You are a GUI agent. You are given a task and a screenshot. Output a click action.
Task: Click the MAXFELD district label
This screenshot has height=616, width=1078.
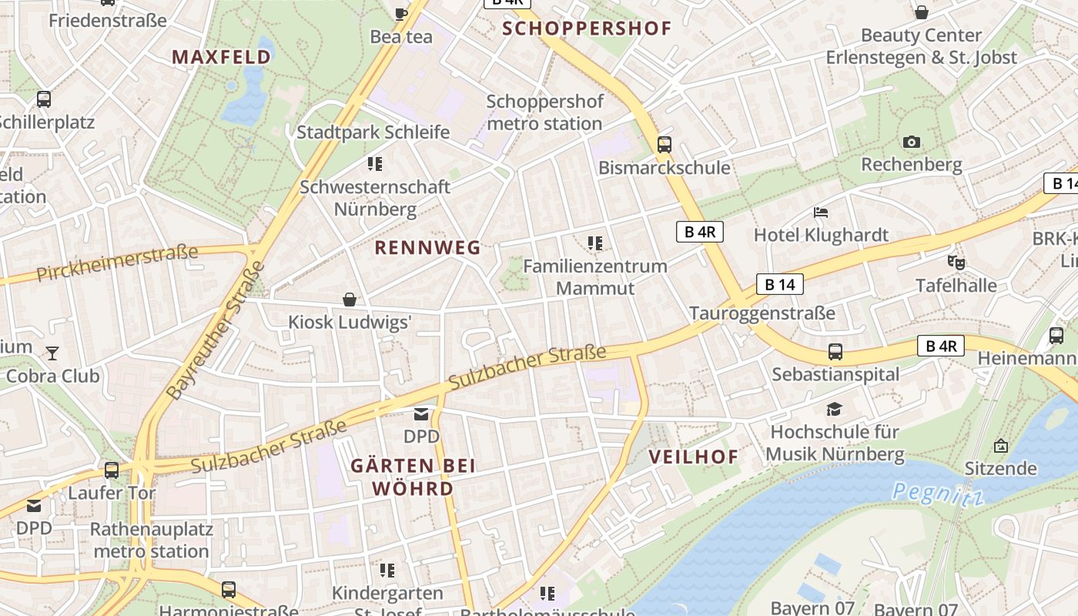tap(221, 56)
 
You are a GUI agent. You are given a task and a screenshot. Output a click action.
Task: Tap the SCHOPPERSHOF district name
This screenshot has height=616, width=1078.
tap(587, 29)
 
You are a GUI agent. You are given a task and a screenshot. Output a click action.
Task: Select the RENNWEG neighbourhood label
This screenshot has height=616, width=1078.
tap(427, 247)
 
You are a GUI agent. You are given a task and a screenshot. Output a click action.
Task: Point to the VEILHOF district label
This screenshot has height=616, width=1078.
tap(693, 456)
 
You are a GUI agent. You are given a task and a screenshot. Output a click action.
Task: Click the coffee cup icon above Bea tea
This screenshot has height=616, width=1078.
tap(400, 13)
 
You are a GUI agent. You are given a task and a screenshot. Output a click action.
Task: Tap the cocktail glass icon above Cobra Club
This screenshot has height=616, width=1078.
tap(52, 353)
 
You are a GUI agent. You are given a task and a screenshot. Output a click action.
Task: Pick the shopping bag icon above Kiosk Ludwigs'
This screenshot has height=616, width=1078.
tap(350, 299)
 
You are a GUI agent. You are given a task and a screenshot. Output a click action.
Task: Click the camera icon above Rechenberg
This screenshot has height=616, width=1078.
tap(911, 142)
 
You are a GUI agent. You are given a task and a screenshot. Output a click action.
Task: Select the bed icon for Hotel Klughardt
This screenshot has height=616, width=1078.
tap(821, 212)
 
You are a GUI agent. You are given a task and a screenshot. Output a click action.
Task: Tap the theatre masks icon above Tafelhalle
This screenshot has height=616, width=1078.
tap(956, 262)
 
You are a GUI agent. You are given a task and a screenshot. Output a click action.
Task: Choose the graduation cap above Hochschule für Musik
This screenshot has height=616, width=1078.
tap(835, 408)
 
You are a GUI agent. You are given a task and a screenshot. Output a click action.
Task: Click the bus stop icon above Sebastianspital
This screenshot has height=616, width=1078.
tap(835, 352)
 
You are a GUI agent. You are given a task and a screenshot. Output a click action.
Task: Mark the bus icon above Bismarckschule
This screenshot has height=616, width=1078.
tap(664, 144)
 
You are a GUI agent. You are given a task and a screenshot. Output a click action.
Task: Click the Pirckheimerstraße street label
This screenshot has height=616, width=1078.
tap(117, 262)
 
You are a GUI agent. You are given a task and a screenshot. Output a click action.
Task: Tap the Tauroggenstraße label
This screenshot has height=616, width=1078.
tap(762, 313)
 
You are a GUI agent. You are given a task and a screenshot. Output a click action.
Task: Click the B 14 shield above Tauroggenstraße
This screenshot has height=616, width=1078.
tap(779, 284)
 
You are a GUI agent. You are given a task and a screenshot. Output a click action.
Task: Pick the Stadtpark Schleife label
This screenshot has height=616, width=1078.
tap(373, 132)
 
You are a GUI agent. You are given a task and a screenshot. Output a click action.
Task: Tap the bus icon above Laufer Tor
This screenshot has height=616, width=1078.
tap(112, 470)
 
